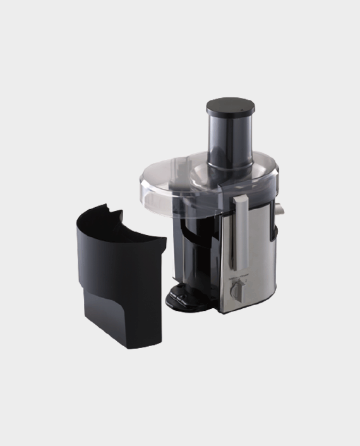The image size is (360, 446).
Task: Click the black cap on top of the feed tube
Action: tap(226, 105)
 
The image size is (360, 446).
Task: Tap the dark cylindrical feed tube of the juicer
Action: tap(226, 136)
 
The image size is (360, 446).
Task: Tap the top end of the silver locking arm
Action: tap(240, 201)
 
